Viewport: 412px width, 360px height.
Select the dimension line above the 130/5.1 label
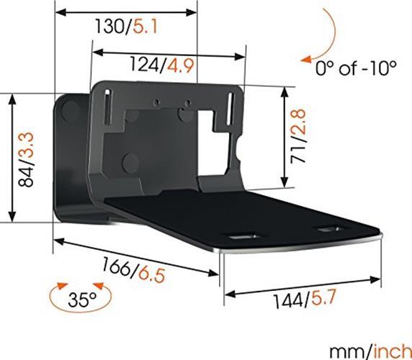[x=125, y=12]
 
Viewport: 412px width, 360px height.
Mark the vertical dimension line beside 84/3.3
[x=11, y=158]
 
